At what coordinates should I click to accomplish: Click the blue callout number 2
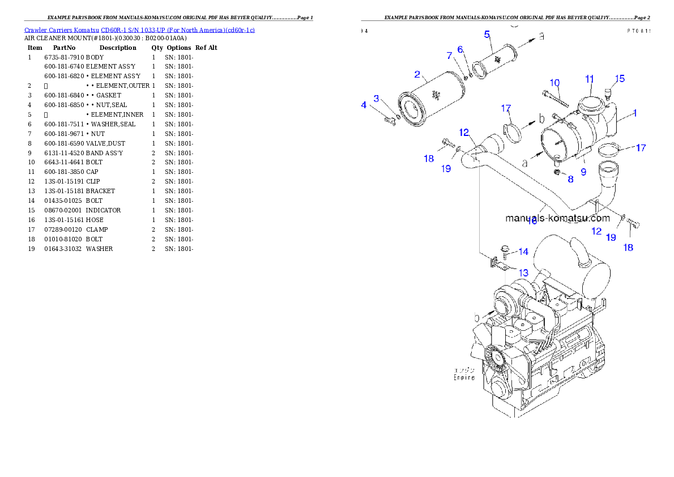417,74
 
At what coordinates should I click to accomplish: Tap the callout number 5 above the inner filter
487,35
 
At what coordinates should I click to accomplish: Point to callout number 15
620,79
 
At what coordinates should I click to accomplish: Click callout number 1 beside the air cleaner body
635,113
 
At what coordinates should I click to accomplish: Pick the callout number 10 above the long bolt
554,83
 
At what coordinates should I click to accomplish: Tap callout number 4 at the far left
364,105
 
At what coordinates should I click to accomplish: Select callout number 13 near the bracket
523,272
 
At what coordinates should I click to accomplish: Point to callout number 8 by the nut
570,179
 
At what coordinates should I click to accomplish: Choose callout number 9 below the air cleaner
583,171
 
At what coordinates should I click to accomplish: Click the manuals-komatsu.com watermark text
557,218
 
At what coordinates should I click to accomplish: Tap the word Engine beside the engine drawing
464,378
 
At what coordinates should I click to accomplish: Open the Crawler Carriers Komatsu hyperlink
139,29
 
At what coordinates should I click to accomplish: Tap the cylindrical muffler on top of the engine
572,266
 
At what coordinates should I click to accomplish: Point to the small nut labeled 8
556,172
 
